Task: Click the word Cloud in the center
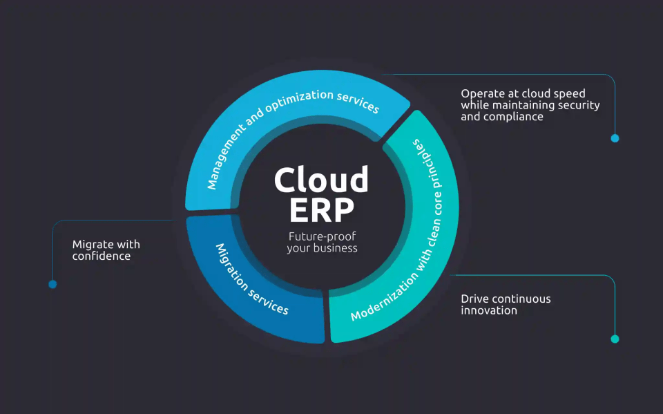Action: tap(321, 180)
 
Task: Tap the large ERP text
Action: tap(322, 209)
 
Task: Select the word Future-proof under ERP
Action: tap(322, 236)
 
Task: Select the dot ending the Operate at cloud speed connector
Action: tap(615, 138)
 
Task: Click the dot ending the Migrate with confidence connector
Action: tap(52, 284)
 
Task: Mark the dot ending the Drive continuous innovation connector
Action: tap(615, 339)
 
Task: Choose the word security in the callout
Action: tap(579, 105)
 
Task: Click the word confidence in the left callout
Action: tap(102, 256)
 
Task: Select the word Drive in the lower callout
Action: tap(475, 299)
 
